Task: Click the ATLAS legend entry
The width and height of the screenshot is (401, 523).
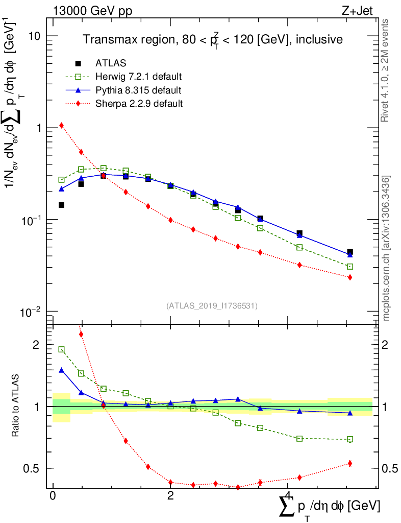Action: click(111, 63)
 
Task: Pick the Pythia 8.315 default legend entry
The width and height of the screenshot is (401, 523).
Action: click(138, 90)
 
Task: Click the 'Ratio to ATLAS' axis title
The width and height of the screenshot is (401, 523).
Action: click(17, 406)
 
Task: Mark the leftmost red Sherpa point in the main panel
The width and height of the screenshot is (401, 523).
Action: click(62, 125)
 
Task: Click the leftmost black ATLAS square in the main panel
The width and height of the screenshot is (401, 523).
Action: click(62, 205)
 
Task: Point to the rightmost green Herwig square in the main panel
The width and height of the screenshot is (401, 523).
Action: click(350, 267)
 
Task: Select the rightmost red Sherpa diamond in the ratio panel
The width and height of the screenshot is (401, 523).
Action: click(350, 463)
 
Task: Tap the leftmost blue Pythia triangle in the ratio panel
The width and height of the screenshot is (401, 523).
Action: click(62, 370)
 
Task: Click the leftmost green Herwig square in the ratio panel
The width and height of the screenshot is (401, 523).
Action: click(62, 350)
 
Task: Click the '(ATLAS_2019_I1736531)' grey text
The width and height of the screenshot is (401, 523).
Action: click(212, 305)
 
